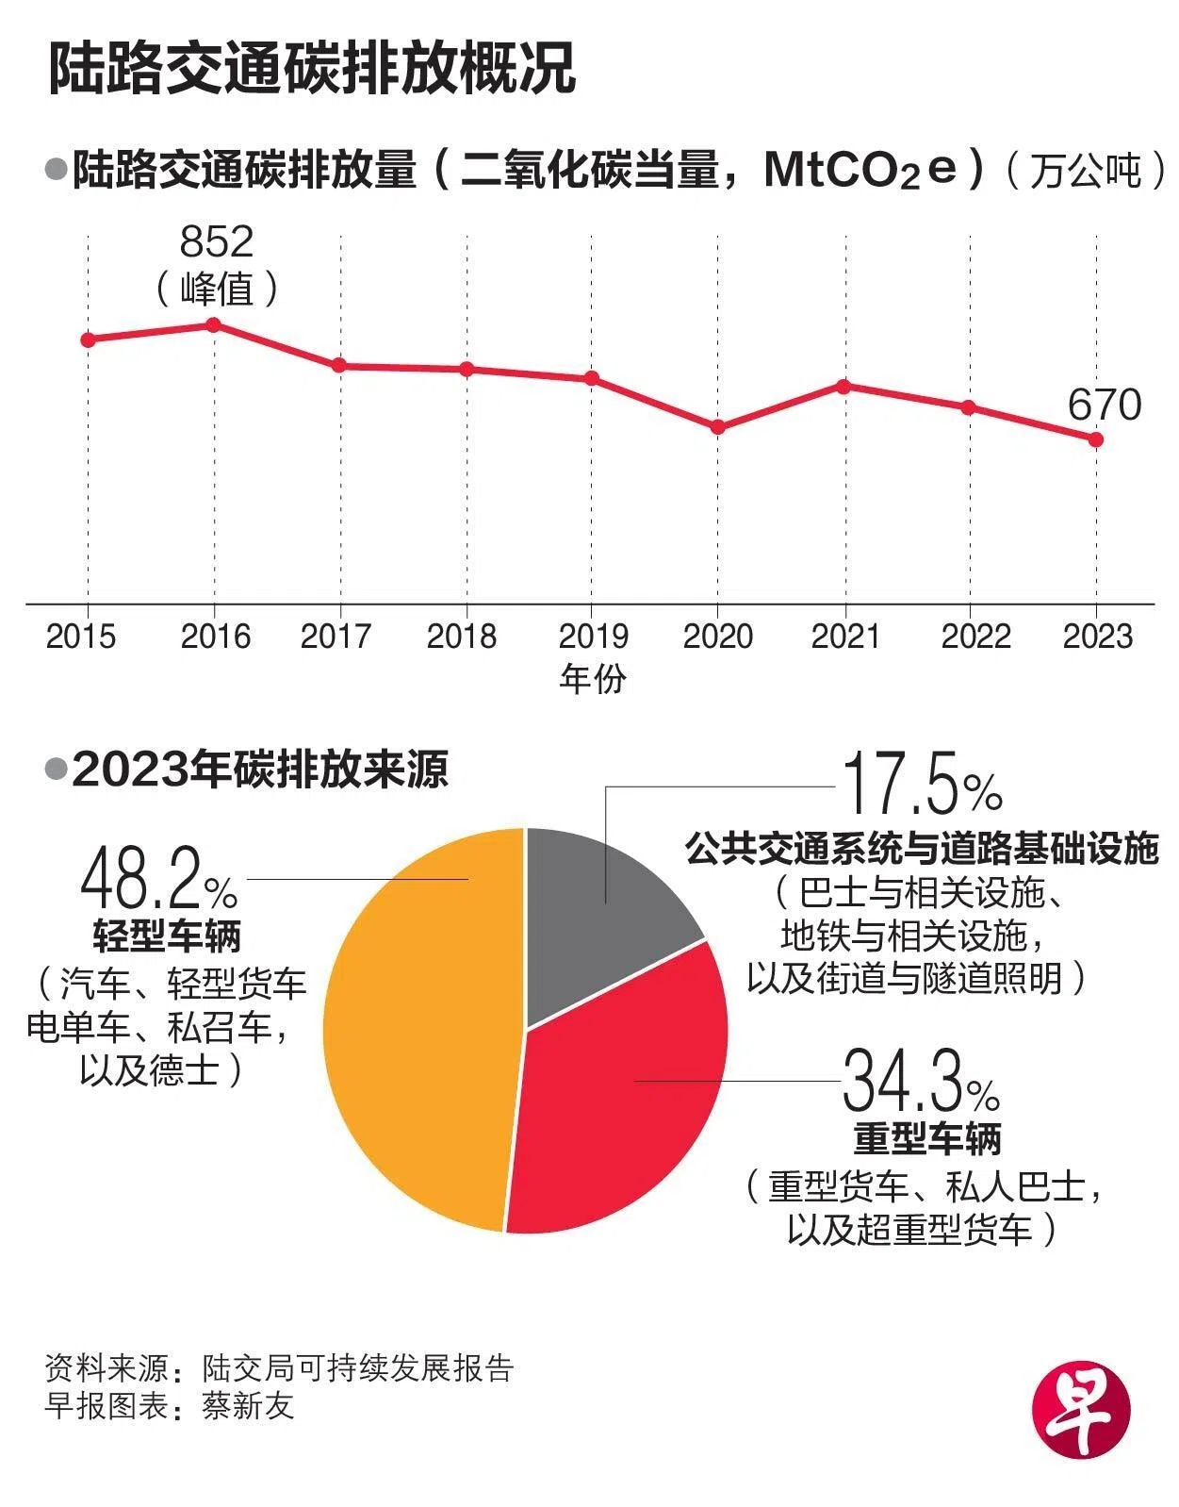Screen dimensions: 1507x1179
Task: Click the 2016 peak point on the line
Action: click(x=214, y=325)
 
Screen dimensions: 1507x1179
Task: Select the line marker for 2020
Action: click(x=718, y=427)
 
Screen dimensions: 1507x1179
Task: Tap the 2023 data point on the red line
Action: click(x=1095, y=439)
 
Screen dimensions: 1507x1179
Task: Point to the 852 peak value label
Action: click(x=217, y=242)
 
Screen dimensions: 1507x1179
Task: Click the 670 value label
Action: click(x=1104, y=406)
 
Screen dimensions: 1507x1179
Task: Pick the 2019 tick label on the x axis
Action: click(x=593, y=636)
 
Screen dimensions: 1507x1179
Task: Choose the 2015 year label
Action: click(x=81, y=636)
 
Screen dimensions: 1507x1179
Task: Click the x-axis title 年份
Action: click(x=593, y=678)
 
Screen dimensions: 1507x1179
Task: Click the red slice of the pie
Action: click(x=622, y=1113)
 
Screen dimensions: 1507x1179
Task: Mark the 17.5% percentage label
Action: click(x=922, y=785)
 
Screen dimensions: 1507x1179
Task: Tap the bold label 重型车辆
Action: click(x=927, y=1138)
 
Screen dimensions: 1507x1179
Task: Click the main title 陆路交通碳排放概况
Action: click(x=311, y=67)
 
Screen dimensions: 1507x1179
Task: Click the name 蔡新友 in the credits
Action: click(x=248, y=1406)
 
